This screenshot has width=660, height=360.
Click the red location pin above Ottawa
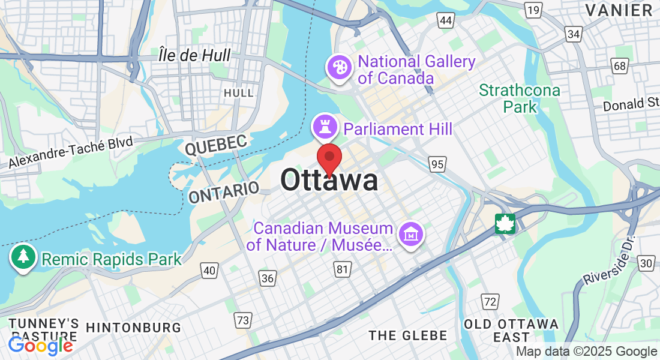pyautogui.click(x=329, y=158)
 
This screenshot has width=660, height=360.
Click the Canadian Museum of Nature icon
pyautogui.click(x=412, y=233)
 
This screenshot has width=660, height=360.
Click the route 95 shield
pyautogui.click(x=437, y=163)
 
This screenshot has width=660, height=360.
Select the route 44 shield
pyautogui.click(x=445, y=21)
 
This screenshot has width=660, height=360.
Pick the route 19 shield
pyautogui.click(x=532, y=10)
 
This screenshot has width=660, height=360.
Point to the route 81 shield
pyautogui.click(x=342, y=270)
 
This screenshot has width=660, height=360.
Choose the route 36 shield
pyautogui.click(x=268, y=277)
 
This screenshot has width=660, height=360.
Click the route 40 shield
pyautogui.click(x=209, y=271)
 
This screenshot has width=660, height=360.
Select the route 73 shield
pyautogui.click(x=242, y=320)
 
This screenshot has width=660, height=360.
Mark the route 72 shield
pyautogui.click(x=490, y=301)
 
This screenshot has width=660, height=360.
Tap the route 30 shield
pyautogui.click(x=646, y=263)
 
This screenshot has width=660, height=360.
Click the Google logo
pyautogui.click(x=40, y=346)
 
